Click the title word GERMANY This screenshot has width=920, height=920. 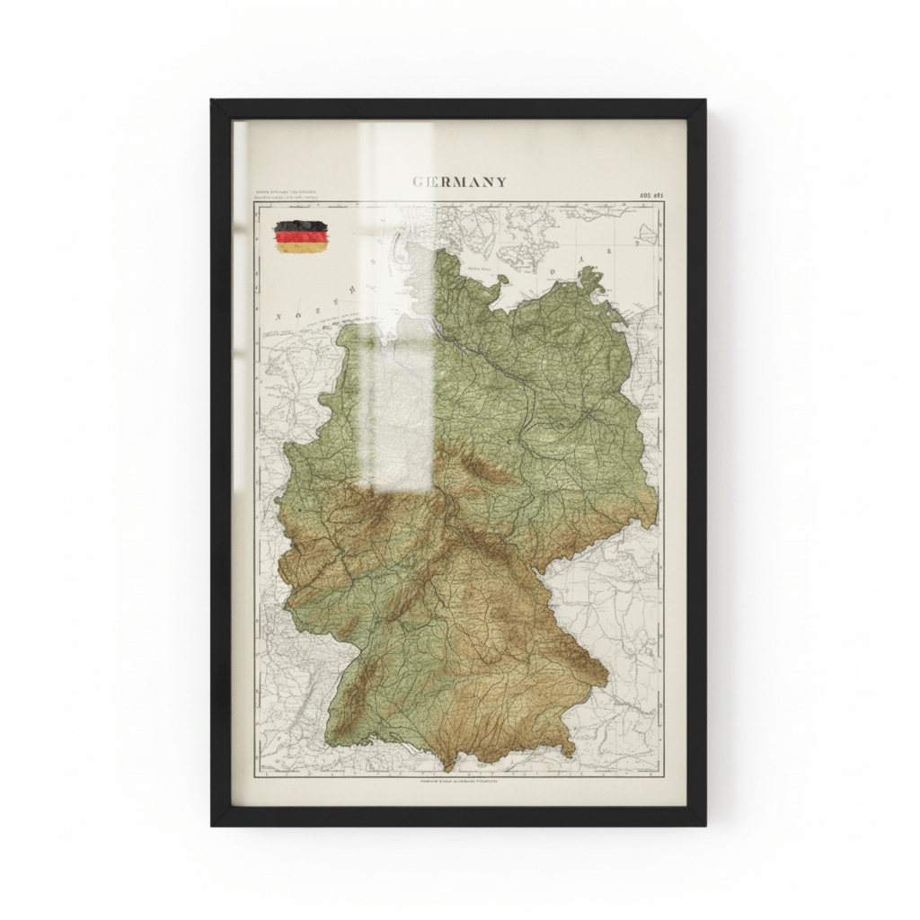tap(459, 181)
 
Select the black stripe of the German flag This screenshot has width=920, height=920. tap(301, 226)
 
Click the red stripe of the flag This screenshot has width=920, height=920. tap(301, 236)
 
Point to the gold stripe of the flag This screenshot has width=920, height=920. tap(301, 246)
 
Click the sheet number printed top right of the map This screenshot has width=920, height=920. tap(650, 194)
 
